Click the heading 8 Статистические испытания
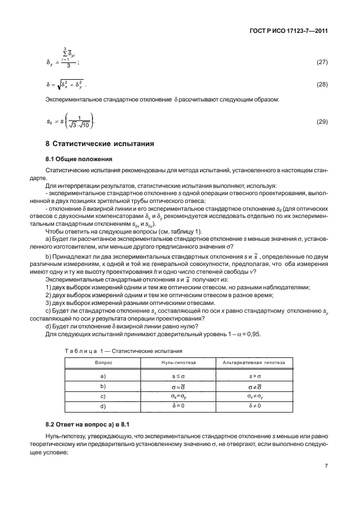click(x=99, y=144)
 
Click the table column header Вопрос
click(x=103, y=362)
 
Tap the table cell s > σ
click(x=254, y=376)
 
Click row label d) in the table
click(x=103, y=406)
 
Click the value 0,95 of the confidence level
click(x=254, y=334)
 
